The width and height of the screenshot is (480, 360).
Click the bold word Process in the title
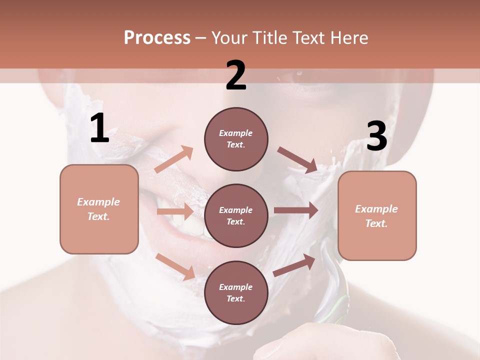click(157, 37)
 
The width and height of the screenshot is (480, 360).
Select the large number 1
click(99, 128)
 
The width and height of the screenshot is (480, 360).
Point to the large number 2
click(236, 75)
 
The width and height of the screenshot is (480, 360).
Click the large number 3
click(376, 136)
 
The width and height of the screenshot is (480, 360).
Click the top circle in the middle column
click(236, 139)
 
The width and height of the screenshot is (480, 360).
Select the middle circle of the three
click(236, 215)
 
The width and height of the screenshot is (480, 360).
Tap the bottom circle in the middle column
click(236, 292)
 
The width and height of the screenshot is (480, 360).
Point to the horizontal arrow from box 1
click(175, 211)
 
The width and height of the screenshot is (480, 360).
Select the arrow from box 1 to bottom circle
click(175, 266)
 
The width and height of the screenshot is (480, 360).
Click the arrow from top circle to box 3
click(298, 160)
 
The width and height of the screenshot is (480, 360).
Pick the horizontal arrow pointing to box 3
click(296, 210)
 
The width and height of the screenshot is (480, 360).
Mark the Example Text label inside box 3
click(376, 216)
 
